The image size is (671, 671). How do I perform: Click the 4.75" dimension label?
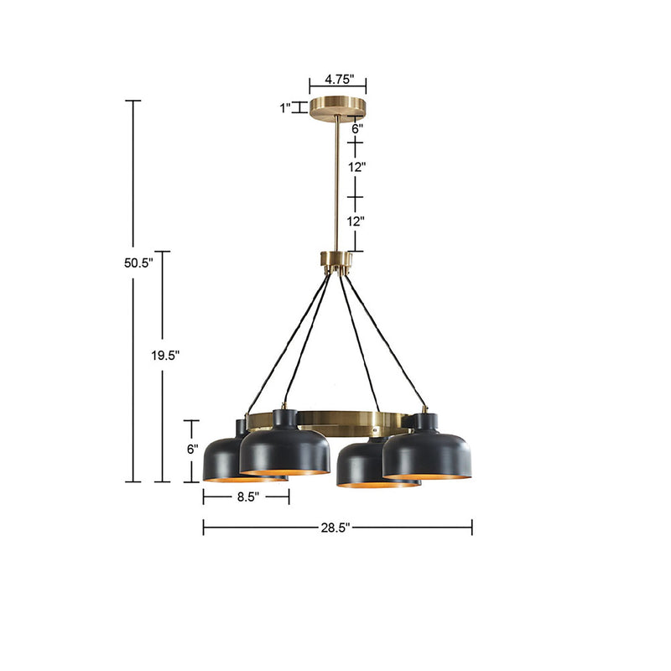[x=338, y=81]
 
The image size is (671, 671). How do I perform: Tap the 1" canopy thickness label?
[x=285, y=107]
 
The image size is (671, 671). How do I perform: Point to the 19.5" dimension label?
[x=165, y=355]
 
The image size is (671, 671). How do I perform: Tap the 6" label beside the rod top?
[x=356, y=129]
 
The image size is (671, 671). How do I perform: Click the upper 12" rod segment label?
[x=356, y=167]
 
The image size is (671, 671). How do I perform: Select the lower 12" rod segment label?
[x=356, y=221]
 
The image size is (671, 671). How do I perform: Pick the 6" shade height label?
[x=192, y=449]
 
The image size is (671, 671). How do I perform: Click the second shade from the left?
[x=283, y=449]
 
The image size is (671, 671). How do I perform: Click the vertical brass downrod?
[x=338, y=185]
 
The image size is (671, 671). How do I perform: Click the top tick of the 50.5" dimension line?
[x=133, y=101]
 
